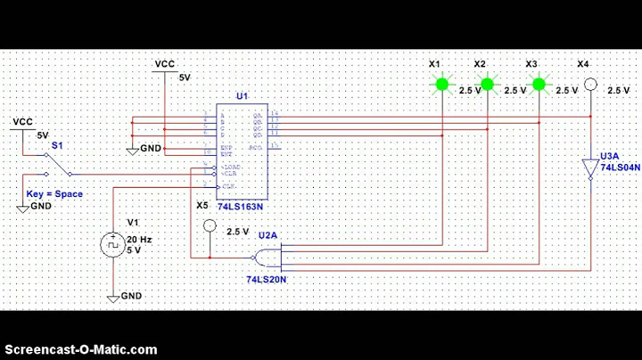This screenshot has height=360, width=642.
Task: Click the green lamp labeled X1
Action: pyautogui.click(x=440, y=85)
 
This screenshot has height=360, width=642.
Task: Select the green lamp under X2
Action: pyautogui.click(x=487, y=85)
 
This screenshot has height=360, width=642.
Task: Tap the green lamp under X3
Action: pyautogui.click(x=539, y=85)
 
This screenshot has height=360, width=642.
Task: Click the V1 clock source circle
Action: pyautogui.click(x=114, y=243)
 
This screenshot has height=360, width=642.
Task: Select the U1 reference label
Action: pyautogui.click(x=242, y=96)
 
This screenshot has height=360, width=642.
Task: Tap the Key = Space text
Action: pyautogui.click(x=54, y=193)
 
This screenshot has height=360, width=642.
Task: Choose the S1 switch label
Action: pyautogui.click(x=57, y=143)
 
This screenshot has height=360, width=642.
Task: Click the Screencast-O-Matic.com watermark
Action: pyautogui.click(x=81, y=349)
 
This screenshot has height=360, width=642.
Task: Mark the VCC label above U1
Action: pyautogui.click(x=165, y=64)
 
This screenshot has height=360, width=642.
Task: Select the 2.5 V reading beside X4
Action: pyautogui.click(x=618, y=90)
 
